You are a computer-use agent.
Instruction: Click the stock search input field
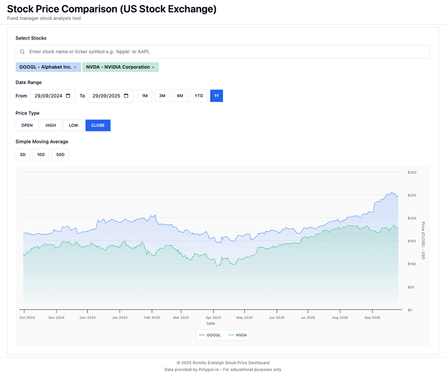(223, 52)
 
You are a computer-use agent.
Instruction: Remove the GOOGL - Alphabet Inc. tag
(75, 67)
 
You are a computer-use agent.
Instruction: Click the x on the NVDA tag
(153, 67)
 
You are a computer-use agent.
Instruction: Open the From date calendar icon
(68, 96)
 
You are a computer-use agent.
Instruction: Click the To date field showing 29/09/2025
(106, 96)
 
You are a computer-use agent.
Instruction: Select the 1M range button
(145, 96)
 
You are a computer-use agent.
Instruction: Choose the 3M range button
(162, 96)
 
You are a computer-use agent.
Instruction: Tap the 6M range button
(180, 96)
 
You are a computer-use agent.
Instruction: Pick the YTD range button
(199, 96)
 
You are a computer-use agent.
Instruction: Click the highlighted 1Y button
(216, 96)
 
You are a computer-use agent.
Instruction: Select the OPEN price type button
(27, 125)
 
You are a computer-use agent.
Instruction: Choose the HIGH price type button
(51, 125)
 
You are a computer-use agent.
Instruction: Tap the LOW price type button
(74, 125)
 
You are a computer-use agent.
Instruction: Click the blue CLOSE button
(98, 125)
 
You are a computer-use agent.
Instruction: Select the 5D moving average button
(23, 155)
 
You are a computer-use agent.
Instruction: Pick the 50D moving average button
(60, 155)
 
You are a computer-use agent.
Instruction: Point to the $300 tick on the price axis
(412, 172)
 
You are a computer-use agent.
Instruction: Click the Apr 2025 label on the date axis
(213, 318)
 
